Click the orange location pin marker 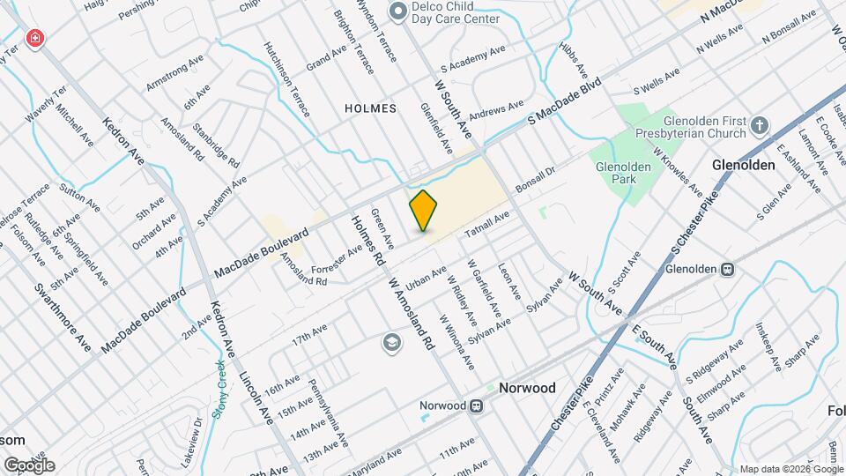pos(423,211)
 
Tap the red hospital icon pos(34,39)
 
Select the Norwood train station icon pos(477,405)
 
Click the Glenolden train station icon pos(728,269)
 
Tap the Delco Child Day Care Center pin pos(397,11)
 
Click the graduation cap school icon pos(391,342)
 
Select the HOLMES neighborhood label pos(370,108)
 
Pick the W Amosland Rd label pos(412,313)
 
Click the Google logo pos(29,465)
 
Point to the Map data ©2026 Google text pos(790,470)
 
